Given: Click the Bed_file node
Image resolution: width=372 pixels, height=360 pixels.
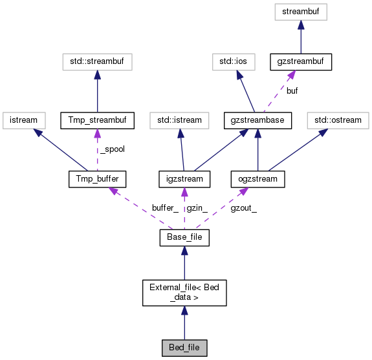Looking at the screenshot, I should [184, 348].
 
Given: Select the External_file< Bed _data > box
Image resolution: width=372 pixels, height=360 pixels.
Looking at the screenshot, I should [184, 292].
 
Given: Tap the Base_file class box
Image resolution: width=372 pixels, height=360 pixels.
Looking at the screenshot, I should [184, 238].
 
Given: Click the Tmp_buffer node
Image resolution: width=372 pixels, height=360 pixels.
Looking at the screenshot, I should [97, 178].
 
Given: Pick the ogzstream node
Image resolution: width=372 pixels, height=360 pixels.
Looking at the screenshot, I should [258, 178].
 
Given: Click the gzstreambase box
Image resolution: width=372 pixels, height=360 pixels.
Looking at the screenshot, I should [258, 120].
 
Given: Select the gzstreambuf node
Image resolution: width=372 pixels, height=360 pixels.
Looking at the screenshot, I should [301, 62].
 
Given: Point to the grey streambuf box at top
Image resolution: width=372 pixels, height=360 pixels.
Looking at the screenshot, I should [301, 11].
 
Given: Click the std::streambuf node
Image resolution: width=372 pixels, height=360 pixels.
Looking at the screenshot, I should [97, 62].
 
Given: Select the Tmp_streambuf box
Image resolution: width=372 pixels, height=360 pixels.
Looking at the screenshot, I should [97, 120].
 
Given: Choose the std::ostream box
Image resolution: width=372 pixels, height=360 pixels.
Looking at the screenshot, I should [336, 120].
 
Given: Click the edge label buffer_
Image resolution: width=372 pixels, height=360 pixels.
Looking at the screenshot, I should [165, 208].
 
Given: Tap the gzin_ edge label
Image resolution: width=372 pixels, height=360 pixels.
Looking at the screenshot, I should [197, 208].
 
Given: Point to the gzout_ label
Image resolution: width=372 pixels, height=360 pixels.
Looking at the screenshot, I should [243, 208].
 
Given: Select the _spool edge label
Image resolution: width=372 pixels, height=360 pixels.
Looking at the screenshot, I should [112, 149].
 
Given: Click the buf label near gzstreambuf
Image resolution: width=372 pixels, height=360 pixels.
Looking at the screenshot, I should [292, 91].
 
